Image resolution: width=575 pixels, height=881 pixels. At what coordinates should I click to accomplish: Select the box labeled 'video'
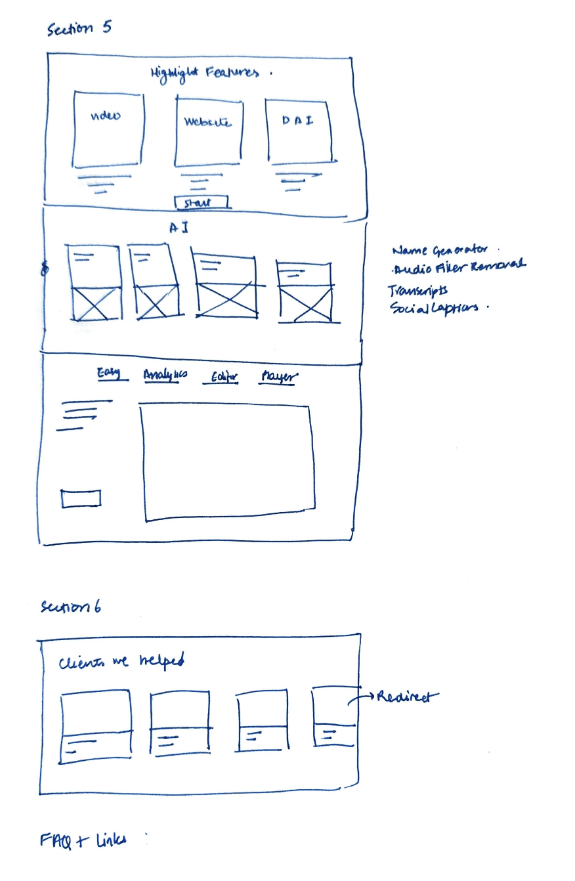point(107,130)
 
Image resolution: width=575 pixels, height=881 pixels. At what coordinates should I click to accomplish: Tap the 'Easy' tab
point(109,374)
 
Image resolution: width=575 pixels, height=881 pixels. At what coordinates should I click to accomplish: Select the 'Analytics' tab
point(165,374)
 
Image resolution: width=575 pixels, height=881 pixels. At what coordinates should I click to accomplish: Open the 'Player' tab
point(278,377)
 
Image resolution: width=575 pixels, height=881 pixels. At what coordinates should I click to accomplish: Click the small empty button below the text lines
point(81,498)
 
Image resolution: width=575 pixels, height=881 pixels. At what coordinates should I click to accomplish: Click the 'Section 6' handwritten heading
point(70,607)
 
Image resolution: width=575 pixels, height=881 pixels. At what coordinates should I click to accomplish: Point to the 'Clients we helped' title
point(121,662)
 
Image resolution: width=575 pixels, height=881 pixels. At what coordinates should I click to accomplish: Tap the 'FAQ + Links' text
point(83,840)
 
